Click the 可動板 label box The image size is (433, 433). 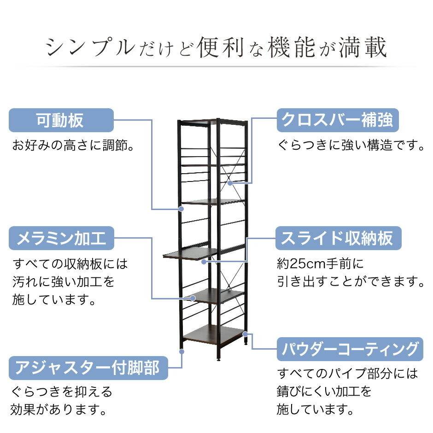coord(61,120)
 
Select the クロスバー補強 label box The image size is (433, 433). coord(338,120)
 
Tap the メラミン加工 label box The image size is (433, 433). coord(61,238)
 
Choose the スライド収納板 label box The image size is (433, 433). coord(338,238)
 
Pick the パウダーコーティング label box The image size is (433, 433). coord(350,349)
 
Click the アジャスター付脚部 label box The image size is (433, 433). coord(88,368)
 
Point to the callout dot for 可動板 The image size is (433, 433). coord(181,209)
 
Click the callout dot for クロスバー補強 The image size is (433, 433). coord(230,183)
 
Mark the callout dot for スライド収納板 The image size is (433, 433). coord(204,262)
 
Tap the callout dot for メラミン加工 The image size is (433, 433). coord(193,298)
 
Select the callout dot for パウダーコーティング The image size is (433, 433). coord(245,334)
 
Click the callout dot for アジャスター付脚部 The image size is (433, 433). coord(181,351)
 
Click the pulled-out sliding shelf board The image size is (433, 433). coord(191,253)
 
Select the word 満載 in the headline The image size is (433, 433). coord(363,47)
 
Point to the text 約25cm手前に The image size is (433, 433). coord(320,264)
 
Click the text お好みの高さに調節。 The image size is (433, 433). coord(73,145)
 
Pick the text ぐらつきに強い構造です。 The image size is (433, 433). coord(351,145)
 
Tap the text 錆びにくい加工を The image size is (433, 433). coord(324,391)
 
